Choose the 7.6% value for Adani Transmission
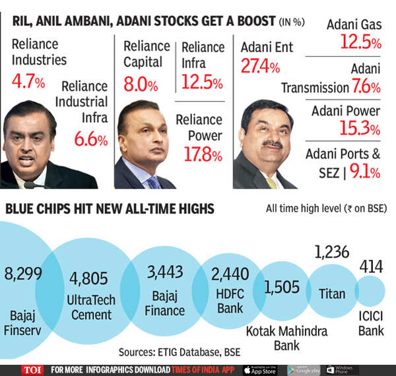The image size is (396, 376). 366,87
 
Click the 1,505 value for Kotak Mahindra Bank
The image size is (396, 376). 281,288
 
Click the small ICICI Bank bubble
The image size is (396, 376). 370,290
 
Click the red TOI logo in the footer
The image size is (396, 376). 31,369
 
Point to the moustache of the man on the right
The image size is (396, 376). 271,143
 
